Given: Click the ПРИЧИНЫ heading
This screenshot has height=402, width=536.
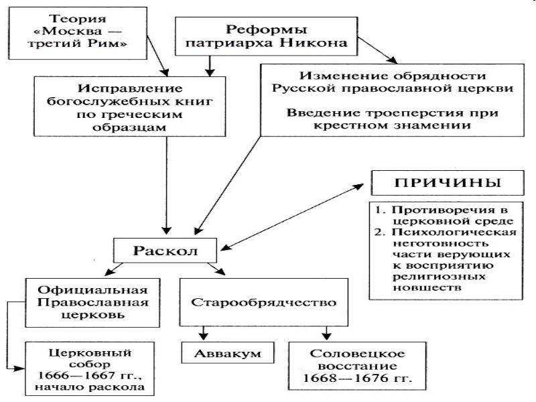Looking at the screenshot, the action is pyautogui.click(x=448, y=183).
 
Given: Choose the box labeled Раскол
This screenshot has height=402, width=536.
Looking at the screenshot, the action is pyautogui.click(x=165, y=250).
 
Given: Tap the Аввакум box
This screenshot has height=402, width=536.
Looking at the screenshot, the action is pyautogui.click(x=228, y=353).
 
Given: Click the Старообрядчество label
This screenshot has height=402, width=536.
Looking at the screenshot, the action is pyautogui.click(x=263, y=302).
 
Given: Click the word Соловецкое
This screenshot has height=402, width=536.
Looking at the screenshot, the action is pyautogui.click(x=357, y=353).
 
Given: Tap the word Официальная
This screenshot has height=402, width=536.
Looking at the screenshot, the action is pyautogui.click(x=92, y=290).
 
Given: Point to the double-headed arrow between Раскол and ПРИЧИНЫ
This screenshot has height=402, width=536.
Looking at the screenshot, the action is pyautogui.click(x=292, y=216).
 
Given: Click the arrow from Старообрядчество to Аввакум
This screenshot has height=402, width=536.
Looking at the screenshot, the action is pyautogui.click(x=204, y=333).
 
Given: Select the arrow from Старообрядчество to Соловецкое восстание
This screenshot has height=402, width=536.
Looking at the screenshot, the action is pyautogui.click(x=326, y=333).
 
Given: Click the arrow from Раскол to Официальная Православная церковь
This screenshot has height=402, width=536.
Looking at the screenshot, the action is pyautogui.click(x=114, y=269).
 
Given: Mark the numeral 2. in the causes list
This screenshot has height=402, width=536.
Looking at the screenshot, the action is pyautogui.click(x=380, y=232).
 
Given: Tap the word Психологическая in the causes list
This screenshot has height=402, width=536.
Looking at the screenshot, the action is pyautogui.click(x=454, y=232).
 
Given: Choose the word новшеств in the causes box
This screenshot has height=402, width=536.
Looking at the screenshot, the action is pyautogui.click(x=427, y=287).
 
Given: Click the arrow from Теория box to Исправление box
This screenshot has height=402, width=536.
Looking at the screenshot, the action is pyautogui.click(x=157, y=56).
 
